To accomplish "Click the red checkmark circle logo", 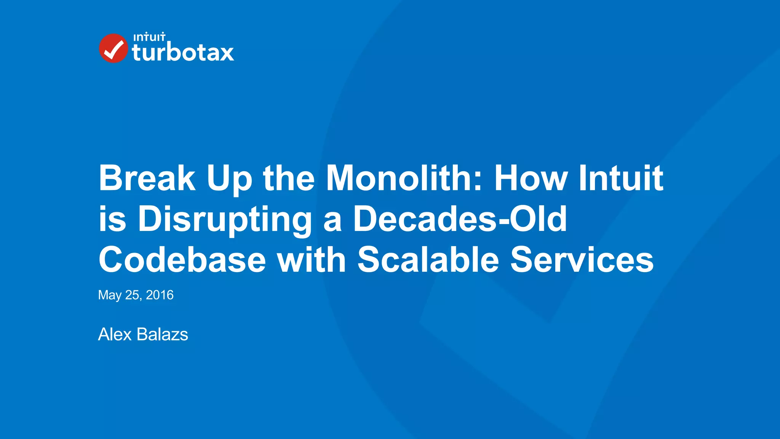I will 113,48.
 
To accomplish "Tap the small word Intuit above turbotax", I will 149,37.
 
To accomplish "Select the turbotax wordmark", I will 183,53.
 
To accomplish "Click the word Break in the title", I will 147,178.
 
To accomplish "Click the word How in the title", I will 531,178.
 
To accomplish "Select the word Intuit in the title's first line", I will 621,178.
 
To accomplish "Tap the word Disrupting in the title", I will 225,219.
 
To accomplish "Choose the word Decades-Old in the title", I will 460,219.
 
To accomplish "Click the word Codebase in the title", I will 182,260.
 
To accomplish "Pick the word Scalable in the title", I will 428,260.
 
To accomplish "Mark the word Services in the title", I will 582,260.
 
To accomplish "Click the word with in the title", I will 312,260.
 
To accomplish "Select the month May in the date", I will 110,295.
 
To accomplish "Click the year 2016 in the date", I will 160,295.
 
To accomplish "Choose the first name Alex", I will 115,335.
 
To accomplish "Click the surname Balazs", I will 162,335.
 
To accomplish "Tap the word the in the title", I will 289,178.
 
